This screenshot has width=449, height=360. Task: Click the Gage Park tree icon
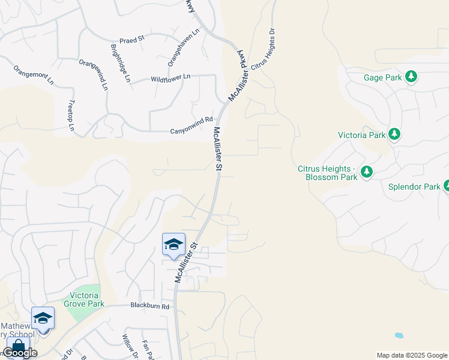411,77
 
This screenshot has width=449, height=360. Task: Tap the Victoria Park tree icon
394,134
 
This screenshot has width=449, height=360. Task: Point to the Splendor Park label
415,187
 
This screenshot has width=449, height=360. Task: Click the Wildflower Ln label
170,78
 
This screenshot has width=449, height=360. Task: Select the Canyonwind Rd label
191,119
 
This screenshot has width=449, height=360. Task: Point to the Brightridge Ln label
120,62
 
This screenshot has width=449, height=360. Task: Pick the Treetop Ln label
71,115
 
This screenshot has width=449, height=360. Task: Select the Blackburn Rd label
151,306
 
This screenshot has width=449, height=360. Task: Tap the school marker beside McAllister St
174,244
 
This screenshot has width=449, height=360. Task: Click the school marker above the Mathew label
43,319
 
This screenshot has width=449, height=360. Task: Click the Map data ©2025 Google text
412,355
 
